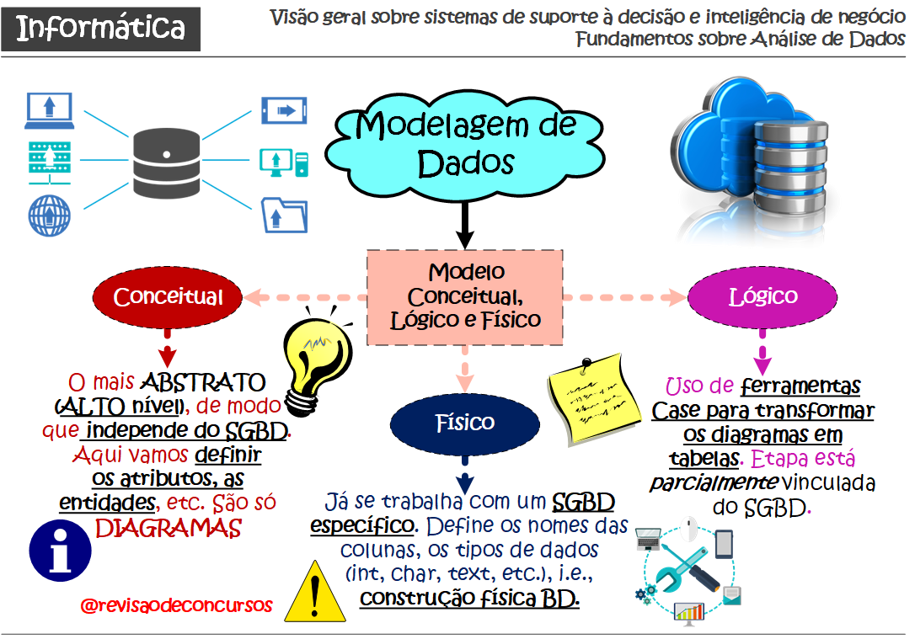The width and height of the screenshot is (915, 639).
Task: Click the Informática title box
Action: coord(100,28)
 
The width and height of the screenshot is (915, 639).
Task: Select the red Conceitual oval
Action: coord(168,296)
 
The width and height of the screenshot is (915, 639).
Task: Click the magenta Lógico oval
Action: coord(762,296)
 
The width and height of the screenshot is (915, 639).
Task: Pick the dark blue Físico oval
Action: coord(464,421)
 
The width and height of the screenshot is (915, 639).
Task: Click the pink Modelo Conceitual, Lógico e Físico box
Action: coord(465,296)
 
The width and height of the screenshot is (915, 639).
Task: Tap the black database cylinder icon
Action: coord(167,161)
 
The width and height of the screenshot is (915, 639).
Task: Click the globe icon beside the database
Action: coord(49,215)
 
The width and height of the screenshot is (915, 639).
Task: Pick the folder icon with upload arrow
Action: coord(284,213)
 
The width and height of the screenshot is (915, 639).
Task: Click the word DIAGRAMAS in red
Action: coord(168,529)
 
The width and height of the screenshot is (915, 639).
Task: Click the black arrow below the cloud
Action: coord(463,226)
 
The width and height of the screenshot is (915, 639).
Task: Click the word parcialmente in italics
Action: coord(712,484)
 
